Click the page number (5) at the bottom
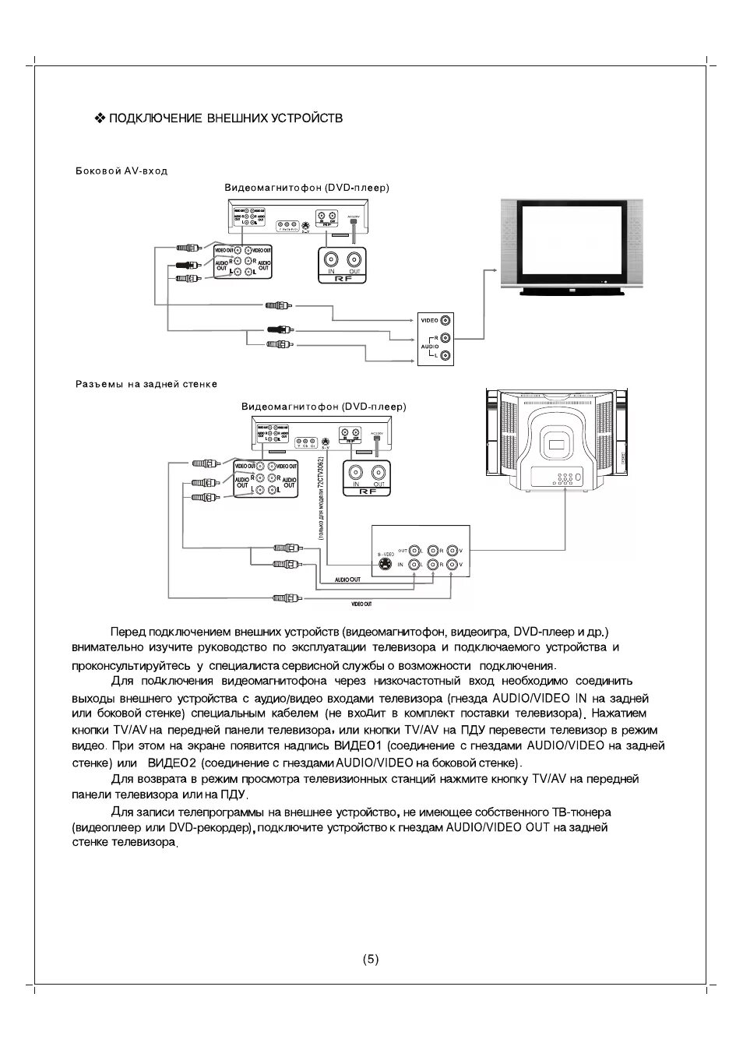click(x=371, y=959)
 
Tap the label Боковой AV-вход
click(x=121, y=171)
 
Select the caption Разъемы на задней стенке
click(x=146, y=384)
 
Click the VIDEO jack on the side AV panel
click(x=445, y=320)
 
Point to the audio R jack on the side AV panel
click(x=445, y=338)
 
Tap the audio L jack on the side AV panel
click(x=445, y=356)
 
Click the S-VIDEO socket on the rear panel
click(x=384, y=563)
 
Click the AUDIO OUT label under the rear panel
click(x=347, y=580)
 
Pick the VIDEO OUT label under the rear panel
click(x=361, y=604)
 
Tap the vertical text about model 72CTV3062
click(x=321, y=499)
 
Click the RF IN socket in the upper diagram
click(x=332, y=259)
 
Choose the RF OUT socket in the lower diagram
click(x=379, y=472)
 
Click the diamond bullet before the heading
click(x=99, y=118)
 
